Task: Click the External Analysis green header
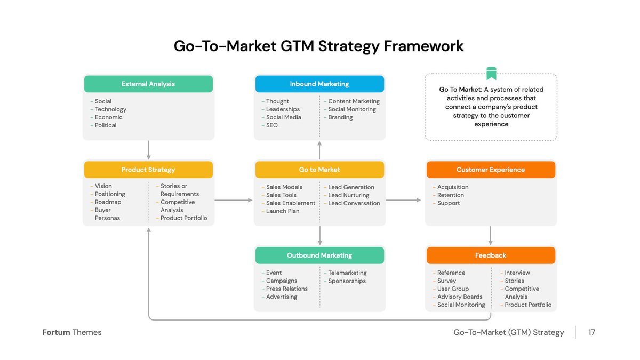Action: pyautogui.click(x=148, y=84)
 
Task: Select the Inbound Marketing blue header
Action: pyautogui.click(x=319, y=84)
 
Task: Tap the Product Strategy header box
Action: pyautogui.click(x=148, y=170)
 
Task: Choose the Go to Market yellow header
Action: pyautogui.click(x=319, y=170)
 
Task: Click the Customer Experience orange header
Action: pyautogui.click(x=491, y=170)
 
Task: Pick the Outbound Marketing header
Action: pyautogui.click(x=319, y=255)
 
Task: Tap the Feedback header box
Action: pyautogui.click(x=491, y=255)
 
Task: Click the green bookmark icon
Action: pyautogui.click(x=491, y=74)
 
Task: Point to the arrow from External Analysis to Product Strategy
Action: pyautogui.click(x=149, y=150)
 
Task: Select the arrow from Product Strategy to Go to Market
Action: pyautogui.click(x=234, y=200)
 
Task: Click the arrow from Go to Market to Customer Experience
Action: pyautogui.click(x=404, y=200)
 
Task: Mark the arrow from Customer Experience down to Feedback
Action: pyautogui.click(x=491, y=236)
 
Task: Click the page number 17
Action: pyautogui.click(x=591, y=332)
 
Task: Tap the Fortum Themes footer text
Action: pyautogui.click(x=72, y=332)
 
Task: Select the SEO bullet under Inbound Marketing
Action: pyautogui.click(x=272, y=125)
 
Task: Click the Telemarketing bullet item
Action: pyautogui.click(x=347, y=273)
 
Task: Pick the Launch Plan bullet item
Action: pyautogui.click(x=283, y=211)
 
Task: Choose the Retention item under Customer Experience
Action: pyautogui.click(x=450, y=195)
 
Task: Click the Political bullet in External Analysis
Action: pyautogui.click(x=105, y=125)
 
